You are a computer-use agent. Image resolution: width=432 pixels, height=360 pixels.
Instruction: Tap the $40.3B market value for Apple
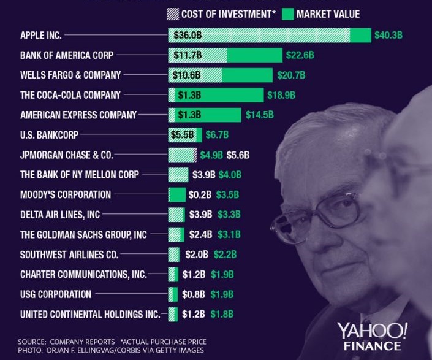click(x=388, y=36)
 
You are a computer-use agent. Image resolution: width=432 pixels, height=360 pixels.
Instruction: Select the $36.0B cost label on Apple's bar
click(x=188, y=36)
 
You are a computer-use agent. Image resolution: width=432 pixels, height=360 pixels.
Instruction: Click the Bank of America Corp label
click(x=67, y=55)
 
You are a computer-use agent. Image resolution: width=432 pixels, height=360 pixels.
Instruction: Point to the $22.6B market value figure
click(x=300, y=55)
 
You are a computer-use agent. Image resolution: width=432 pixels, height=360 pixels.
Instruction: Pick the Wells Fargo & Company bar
click(x=220, y=75)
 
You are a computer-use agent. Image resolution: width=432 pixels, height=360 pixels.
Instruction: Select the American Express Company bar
click(x=205, y=115)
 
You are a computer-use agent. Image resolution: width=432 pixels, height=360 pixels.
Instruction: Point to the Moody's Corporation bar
click(x=176, y=195)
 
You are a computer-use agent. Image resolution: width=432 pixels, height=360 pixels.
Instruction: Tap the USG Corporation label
click(x=56, y=294)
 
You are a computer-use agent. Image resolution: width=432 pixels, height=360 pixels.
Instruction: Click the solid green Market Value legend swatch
click(x=287, y=13)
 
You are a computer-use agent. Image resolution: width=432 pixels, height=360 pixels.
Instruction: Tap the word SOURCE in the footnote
click(x=32, y=340)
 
